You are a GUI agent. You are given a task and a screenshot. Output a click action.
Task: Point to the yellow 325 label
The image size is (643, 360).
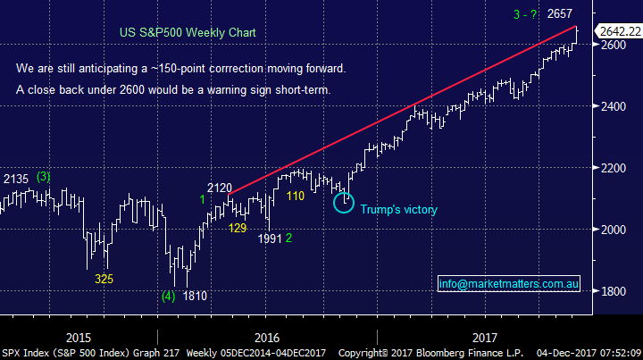104,279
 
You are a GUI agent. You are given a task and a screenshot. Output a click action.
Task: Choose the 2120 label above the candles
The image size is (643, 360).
220,188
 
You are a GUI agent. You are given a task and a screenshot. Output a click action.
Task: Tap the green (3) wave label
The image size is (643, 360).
45,176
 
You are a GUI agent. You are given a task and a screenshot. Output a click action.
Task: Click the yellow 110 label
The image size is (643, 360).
295,195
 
